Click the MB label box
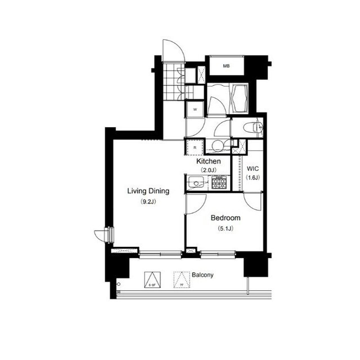(x=226, y=66)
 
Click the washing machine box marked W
(x=195, y=109)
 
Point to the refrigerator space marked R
(x=195, y=147)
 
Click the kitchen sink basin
(x=197, y=182)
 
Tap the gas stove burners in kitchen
(x=219, y=182)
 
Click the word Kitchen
(x=208, y=161)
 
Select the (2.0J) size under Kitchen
(x=208, y=170)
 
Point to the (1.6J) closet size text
(x=253, y=178)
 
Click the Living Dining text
(x=148, y=191)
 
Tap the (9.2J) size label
(x=148, y=201)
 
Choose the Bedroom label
(x=226, y=218)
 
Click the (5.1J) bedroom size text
(x=226, y=228)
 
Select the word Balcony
(x=202, y=275)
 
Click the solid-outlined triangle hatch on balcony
(x=151, y=280)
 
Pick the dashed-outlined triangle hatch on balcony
(x=181, y=280)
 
